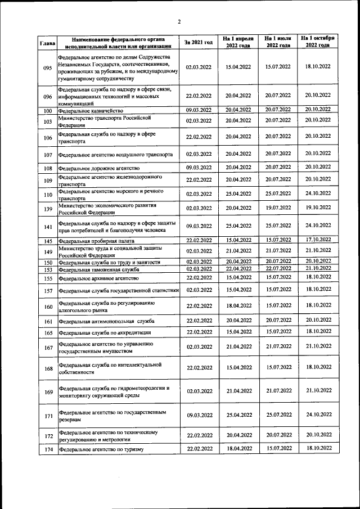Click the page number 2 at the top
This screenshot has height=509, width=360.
pyautogui.click(x=179, y=22)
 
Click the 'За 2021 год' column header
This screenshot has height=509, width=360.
pyautogui.click(x=199, y=42)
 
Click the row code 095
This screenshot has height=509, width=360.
pyautogui.click(x=47, y=67)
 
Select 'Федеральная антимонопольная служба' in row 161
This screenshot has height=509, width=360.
pyautogui.click(x=106, y=321)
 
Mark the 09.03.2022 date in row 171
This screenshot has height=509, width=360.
pyautogui.click(x=199, y=416)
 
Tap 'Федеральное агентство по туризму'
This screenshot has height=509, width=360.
pyautogui.click(x=102, y=449)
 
